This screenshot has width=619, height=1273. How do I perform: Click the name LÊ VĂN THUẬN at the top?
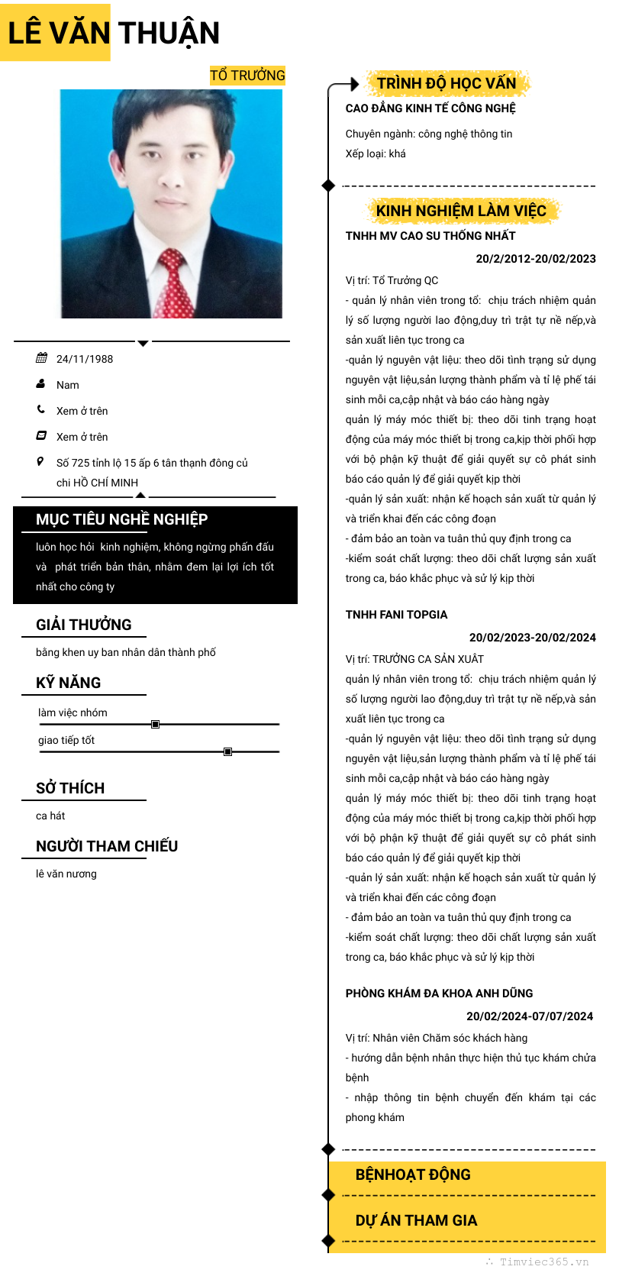[x=114, y=33]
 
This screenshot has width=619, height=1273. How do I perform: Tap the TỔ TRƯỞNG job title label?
[x=247, y=75]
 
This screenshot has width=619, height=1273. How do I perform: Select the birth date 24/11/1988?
[x=85, y=359]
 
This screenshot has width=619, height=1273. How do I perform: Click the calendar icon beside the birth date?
[x=41, y=358]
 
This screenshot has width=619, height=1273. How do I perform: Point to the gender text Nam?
[x=68, y=385]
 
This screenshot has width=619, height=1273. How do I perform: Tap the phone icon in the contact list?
[x=41, y=410]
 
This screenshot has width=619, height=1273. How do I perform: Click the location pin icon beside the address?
[x=40, y=461]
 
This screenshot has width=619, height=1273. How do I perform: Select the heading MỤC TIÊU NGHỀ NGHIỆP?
[x=121, y=519]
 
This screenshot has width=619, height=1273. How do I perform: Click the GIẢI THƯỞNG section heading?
[x=84, y=625]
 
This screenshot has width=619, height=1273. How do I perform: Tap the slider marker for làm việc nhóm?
[x=155, y=724]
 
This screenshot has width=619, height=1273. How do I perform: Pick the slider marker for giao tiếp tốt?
[x=227, y=751]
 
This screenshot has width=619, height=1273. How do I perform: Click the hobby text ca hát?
[x=50, y=816]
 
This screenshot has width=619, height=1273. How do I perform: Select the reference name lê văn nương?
[x=66, y=874]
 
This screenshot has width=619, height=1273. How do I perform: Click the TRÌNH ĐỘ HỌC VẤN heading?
[x=447, y=83]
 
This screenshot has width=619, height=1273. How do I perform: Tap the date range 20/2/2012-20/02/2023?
[x=536, y=258]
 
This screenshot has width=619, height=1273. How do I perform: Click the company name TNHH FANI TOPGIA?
[x=396, y=615]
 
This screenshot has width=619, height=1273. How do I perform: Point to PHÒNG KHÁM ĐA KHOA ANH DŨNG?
[x=439, y=994]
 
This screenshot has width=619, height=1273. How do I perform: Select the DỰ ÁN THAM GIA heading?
[x=416, y=1220]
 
